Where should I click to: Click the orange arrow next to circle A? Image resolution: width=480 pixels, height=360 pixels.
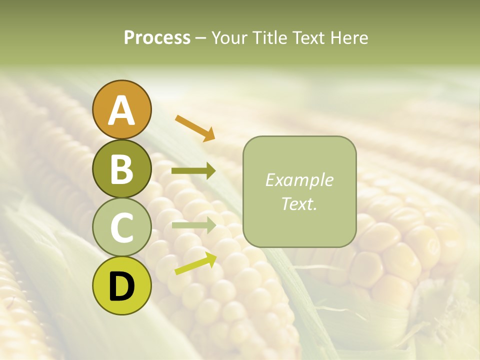(x=195, y=128)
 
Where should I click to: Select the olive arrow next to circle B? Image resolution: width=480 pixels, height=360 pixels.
(x=193, y=171)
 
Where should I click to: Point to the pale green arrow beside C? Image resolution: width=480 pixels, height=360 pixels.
(x=193, y=225)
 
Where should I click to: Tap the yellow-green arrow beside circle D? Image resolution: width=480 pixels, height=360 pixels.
(x=195, y=263)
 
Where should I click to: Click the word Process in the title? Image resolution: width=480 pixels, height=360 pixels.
(x=157, y=38)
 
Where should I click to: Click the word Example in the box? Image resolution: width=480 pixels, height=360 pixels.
(x=299, y=180)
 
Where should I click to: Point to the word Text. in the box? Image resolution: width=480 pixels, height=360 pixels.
(x=299, y=203)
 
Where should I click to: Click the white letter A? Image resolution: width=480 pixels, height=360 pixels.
(x=121, y=110)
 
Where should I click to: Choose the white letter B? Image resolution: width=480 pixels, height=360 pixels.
(x=121, y=169)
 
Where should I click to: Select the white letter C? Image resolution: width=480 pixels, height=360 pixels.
(x=121, y=228)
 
